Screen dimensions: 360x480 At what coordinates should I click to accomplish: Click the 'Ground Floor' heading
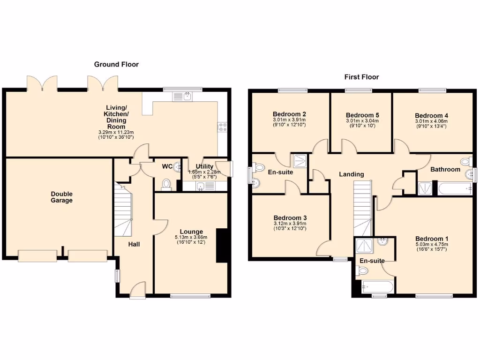pos(116,64)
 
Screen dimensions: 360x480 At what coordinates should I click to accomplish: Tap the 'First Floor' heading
pos(361,77)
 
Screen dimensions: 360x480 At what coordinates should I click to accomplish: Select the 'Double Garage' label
pos(62,197)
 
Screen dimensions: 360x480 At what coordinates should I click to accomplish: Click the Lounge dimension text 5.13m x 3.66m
pos(191,237)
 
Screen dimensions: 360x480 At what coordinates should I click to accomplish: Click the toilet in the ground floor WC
pos(165,184)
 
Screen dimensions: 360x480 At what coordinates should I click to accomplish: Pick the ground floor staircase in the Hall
pos(123,209)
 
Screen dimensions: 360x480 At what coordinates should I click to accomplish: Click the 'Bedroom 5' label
pos(362,115)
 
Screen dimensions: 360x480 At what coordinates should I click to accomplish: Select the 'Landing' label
pos(352,174)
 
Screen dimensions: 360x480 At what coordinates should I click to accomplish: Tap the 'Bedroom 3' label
pos(290,218)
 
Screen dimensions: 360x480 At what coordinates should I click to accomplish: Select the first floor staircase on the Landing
pos(362,209)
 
